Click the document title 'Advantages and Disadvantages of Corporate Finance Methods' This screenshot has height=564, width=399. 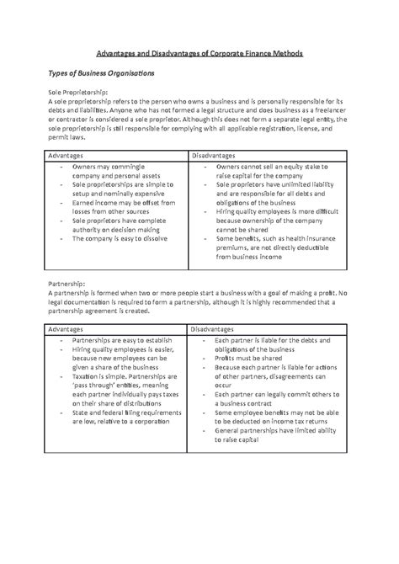199,53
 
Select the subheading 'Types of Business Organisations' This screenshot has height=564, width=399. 111,76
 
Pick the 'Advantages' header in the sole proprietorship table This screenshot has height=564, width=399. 66,157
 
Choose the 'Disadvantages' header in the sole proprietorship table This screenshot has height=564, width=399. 217,157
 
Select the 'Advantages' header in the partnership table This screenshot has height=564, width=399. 66,329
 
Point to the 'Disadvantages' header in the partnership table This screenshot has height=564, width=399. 217,329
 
